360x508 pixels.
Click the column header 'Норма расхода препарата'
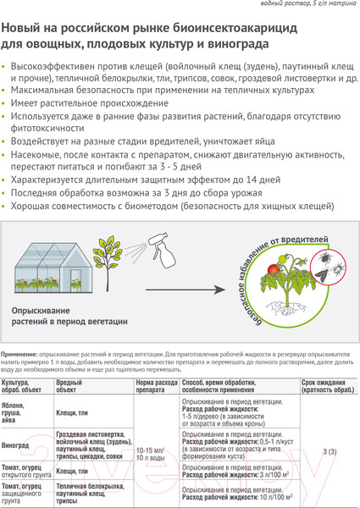156,387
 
